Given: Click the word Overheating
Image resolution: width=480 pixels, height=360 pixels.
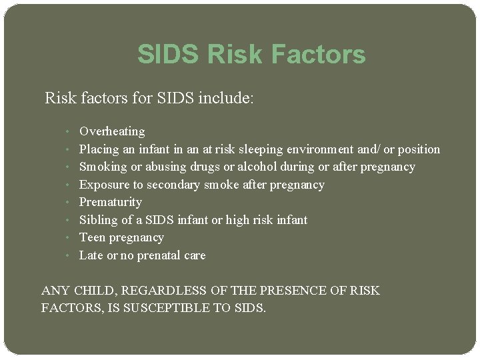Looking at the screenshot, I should (112, 131).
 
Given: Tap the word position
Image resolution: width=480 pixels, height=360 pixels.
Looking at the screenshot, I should (419, 149).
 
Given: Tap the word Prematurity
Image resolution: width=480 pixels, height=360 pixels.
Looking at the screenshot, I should (111, 202).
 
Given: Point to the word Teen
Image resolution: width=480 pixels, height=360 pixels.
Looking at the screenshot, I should (92, 237).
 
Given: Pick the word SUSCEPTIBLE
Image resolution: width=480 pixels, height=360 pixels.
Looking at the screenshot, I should (193, 309).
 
